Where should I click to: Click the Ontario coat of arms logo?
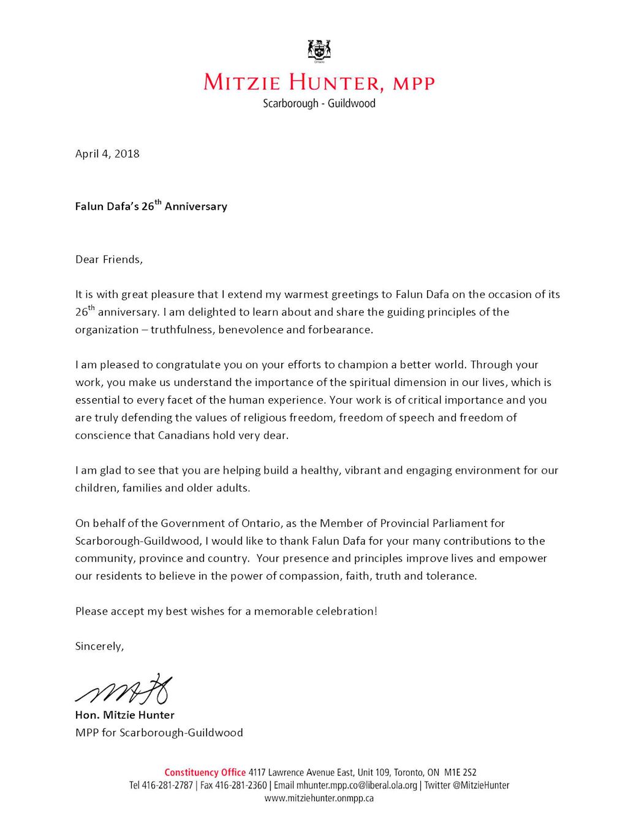[319, 51]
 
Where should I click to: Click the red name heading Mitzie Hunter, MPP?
[319, 83]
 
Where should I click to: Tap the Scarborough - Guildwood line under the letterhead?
[319, 104]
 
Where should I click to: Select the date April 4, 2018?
[107, 154]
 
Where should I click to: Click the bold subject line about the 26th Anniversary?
[151, 206]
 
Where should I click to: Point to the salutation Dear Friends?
[108, 259]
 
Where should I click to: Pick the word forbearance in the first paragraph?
[340, 330]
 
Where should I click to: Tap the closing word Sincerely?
[99, 646]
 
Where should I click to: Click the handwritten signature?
[124, 689]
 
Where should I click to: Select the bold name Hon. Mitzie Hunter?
[124, 715]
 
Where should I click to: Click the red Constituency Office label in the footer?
[205, 772]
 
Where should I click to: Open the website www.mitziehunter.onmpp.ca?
[319, 798]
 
